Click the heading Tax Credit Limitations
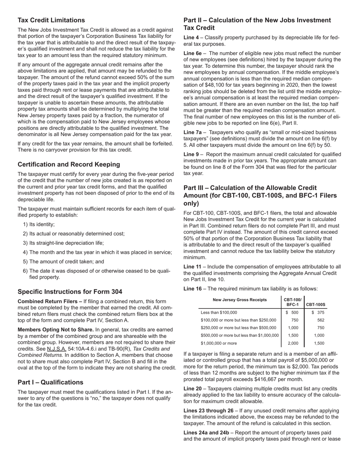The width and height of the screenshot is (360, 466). [51, 20]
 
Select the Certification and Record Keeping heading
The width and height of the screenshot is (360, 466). [69, 164]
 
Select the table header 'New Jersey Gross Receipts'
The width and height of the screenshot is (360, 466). [239, 300]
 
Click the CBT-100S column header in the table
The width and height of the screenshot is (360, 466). [316, 304]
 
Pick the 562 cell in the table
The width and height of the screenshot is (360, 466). [321, 320]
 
